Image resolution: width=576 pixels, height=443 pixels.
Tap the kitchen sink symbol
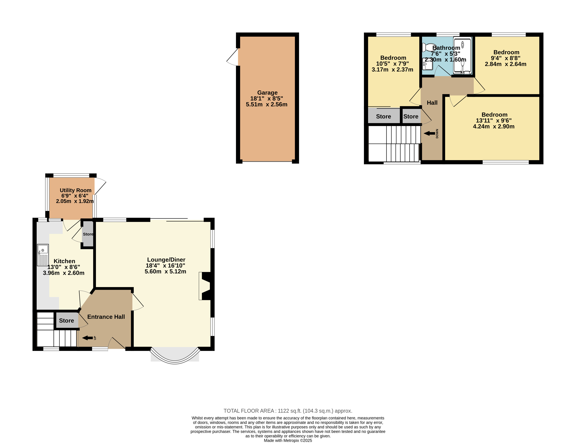[x=43, y=255]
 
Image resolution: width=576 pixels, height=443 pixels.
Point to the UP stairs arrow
[x=88, y=338]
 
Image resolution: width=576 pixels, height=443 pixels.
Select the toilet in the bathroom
[x=429, y=47]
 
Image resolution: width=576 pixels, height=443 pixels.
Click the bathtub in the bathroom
[x=462, y=56]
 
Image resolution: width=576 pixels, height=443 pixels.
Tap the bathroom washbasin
[x=427, y=64]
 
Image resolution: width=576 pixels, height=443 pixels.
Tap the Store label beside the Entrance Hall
[x=66, y=320]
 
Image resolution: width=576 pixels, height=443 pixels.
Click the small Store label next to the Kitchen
[x=88, y=234]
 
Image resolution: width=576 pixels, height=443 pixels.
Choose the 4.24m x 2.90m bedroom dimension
[x=494, y=126]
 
